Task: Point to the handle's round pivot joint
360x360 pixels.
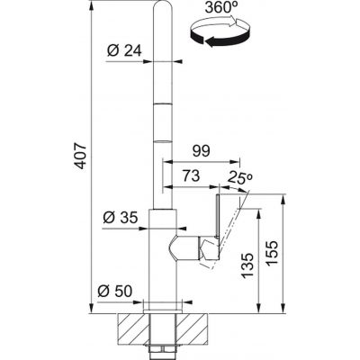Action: (181, 247)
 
